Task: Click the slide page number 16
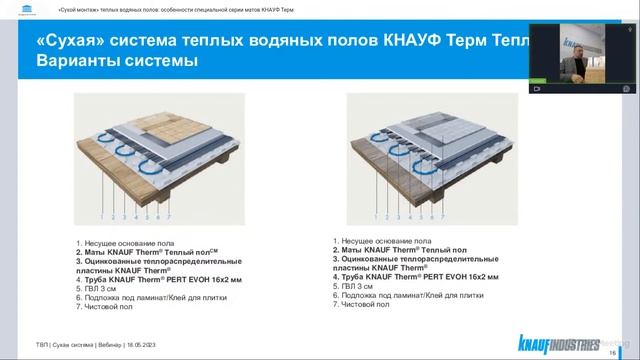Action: tap(612, 352)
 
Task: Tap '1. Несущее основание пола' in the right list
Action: tap(393, 241)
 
